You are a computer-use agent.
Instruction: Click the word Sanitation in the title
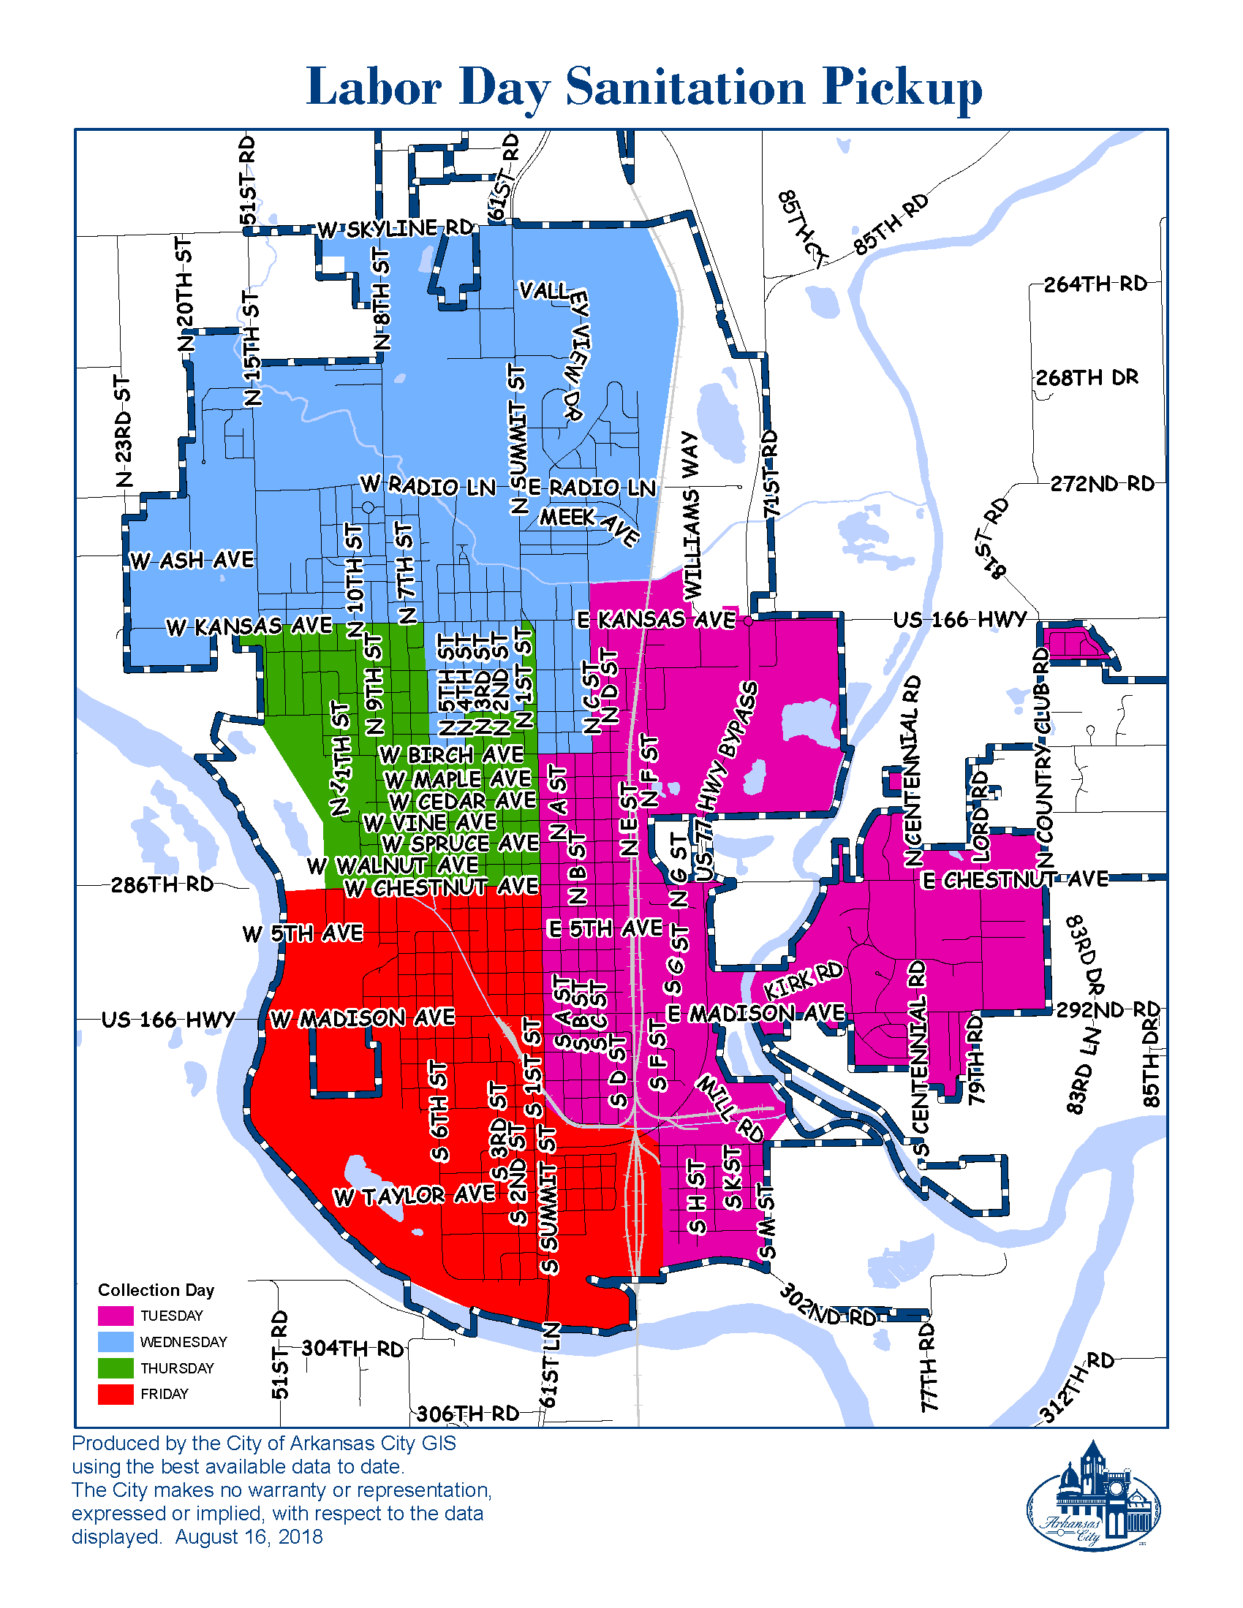[x=685, y=87]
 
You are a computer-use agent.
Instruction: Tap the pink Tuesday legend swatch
[x=116, y=1316]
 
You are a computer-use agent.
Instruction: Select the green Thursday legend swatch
[x=116, y=1368]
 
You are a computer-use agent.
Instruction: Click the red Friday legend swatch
[x=116, y=1394]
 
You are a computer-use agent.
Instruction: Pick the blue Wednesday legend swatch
[x=116, y=1341]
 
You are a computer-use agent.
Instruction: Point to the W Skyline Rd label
[x=396, y=229]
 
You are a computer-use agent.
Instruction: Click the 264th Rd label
[x=1095, y=284]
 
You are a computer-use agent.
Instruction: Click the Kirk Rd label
[x=803, y=981]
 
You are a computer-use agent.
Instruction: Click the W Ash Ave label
[x=192, y=561]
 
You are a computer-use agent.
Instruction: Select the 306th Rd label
[x=468, y=1414]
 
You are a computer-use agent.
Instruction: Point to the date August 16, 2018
[x=249, y=1537]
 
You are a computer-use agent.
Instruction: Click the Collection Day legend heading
[x=156, y=1290]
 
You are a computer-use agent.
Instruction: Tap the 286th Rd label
[x=162, y=884]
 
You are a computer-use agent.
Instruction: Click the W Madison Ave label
[x=362, y=1019]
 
